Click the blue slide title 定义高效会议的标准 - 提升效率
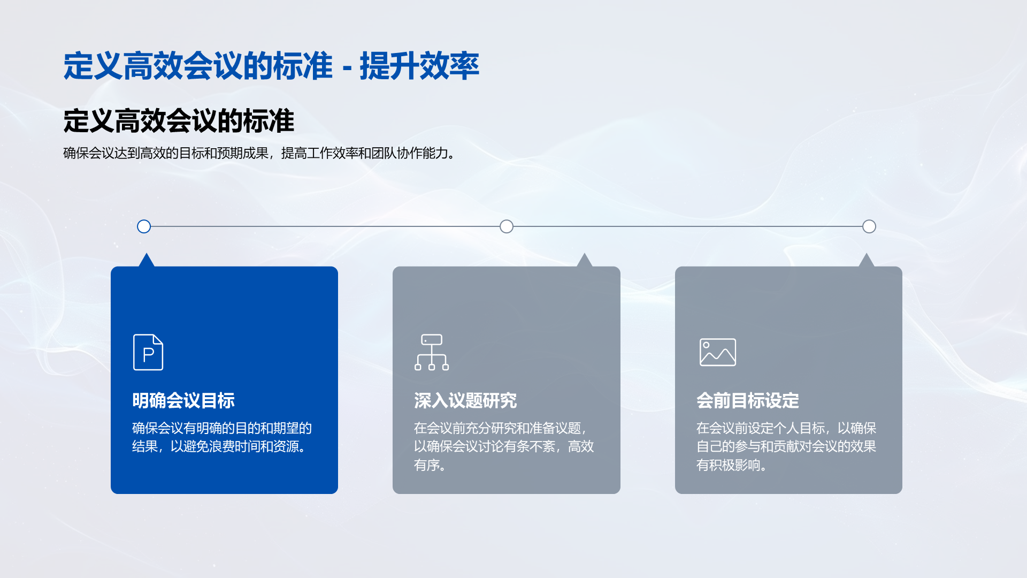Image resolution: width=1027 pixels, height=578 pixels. coord(271,66)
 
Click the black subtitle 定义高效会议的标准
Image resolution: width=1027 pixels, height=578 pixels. coord(179,120)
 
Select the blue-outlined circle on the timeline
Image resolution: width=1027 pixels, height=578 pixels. coord(144,226)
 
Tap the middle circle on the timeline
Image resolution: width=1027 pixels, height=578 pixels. coord(507,226)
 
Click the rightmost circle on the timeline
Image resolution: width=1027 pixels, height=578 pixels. coord(869,226)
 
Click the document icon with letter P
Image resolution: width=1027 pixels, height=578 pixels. coord(148,352)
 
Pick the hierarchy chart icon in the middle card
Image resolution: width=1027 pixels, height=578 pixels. coord(432,352)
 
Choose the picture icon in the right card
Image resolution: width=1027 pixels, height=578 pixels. coord(718,352)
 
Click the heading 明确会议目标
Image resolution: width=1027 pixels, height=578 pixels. coord(183,400)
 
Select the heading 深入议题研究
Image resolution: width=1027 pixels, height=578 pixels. coord(465,400)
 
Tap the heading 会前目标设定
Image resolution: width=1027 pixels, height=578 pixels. coord(748,400)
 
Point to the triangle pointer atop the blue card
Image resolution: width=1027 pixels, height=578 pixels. coord(146,261)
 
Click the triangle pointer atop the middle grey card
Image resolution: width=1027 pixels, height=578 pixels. coord(585,261)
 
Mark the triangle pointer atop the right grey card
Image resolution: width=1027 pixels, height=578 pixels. coord(867,261)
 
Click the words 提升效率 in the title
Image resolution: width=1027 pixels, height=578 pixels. coord(419,66)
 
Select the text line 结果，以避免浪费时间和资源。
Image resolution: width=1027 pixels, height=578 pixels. coord(219,446)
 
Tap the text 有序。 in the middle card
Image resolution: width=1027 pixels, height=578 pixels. coord(430,465)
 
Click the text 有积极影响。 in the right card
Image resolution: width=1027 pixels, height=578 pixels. coord(732,465)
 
